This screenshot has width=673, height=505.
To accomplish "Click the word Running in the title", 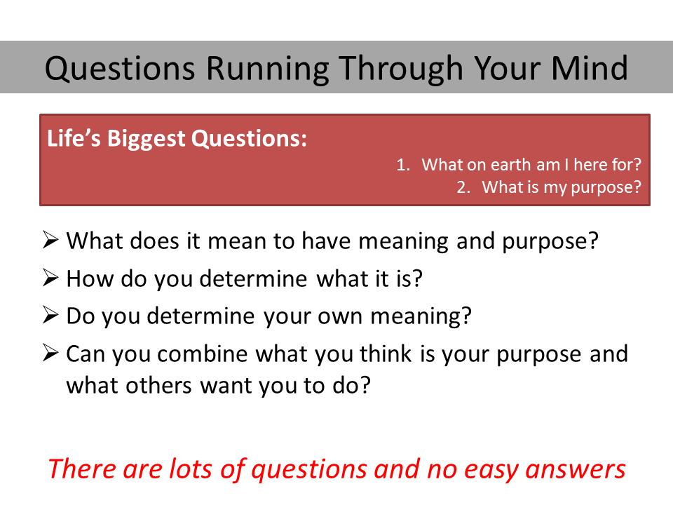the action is pyautogui.click(x=268, y=69).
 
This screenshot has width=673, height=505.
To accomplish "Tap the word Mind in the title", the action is pyautogui.click(x=590, y=68).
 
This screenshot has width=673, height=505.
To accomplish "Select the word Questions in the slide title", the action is pyautogui.click(x=120, y=68).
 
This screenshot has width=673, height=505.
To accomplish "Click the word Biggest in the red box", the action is pyautogui.click(x=147, y=139).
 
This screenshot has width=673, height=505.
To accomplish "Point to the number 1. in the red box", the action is pyautogui.click(x=403, y=165).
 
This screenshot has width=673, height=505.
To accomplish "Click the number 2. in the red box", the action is pyautogui.click(x=463, y=187).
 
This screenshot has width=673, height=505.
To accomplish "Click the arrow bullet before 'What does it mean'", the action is pyautogui.click(x=50, y=240).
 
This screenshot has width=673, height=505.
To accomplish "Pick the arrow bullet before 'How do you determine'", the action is pyautogui.click(x=50, y=278).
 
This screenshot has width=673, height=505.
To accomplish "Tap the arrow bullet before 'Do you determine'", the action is pyautogui.click(x=50, y=315).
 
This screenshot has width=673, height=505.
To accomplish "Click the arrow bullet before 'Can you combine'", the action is pyautogui.click(x=50, y=353).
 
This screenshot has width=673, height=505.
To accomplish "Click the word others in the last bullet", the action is pyautogui.click(x=158, y=386).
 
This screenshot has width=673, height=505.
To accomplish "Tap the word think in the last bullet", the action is pyautogui.click(x=386, y=353).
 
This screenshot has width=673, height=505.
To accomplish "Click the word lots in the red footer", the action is pyautogui.click(x=191, y=469).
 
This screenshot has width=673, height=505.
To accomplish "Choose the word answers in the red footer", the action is pyautogui.click(x=576, y=470).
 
